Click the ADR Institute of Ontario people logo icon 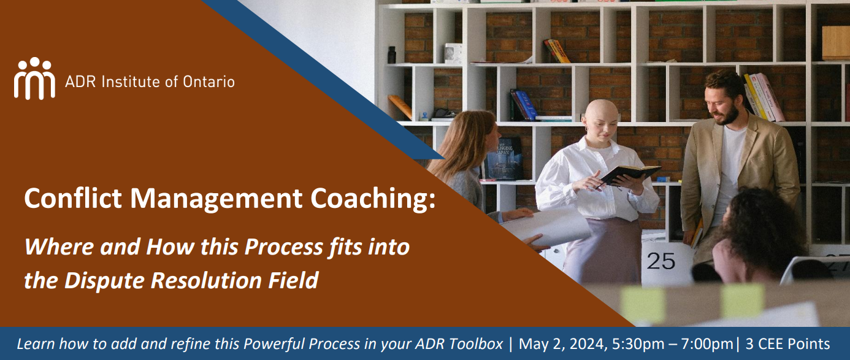click(34, 78)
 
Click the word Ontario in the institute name click(209, 82)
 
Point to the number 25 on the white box click(661, 261)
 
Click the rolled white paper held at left click(546, 226)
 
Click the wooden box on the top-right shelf click(835, 42)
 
